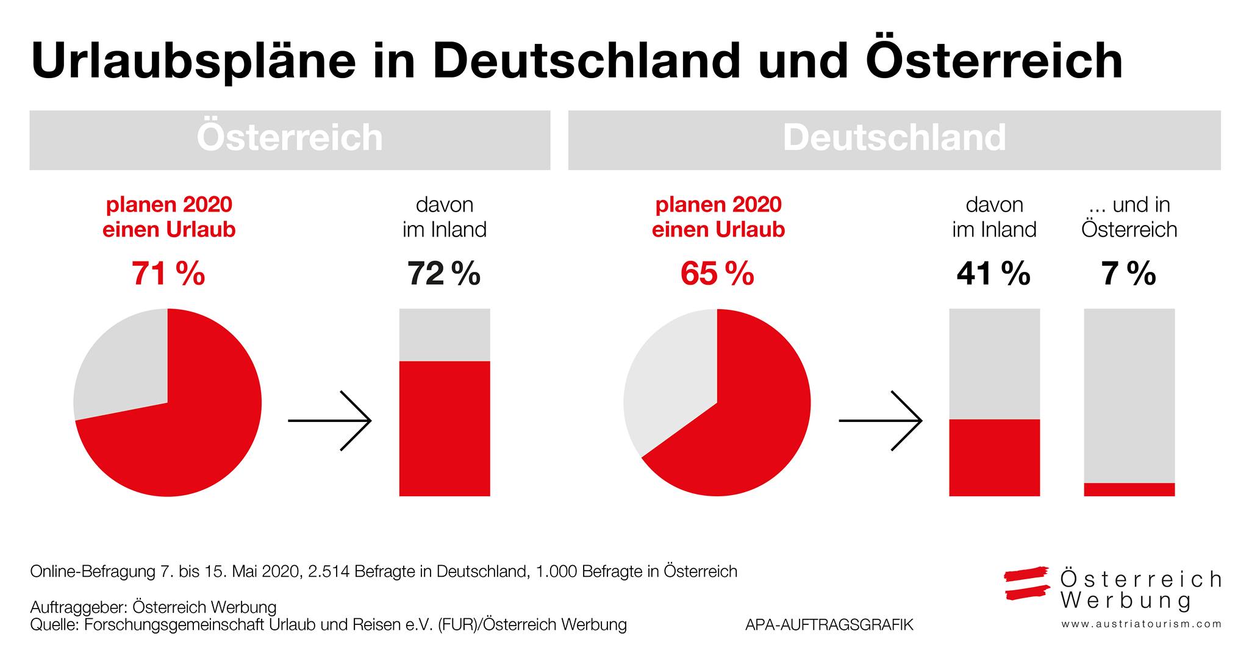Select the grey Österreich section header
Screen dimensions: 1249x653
(290, 140)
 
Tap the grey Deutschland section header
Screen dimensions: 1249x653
(895, 140)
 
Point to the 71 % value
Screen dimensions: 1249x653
(168, 274)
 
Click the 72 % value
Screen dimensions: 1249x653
(444, 274)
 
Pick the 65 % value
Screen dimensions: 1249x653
(718, 274)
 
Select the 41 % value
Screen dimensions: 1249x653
(993, 274)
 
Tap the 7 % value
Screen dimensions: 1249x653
(1129, 274)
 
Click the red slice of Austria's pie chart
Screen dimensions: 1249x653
(183, 439)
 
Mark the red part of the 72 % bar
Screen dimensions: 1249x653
(445, 429)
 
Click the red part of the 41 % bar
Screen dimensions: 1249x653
(995, 458)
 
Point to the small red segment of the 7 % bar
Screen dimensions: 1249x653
(1129, 490)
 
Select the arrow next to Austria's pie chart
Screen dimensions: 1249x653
(330, 421)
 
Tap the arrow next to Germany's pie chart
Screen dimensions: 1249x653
(881, 421)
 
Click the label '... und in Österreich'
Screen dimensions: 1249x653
(1129, 217)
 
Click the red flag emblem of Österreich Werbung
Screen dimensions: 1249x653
(1027, 583)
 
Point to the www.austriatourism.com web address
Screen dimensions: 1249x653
(1142, 624)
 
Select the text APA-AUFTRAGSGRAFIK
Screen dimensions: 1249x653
(829, 625)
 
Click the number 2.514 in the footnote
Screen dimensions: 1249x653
(330, 571)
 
